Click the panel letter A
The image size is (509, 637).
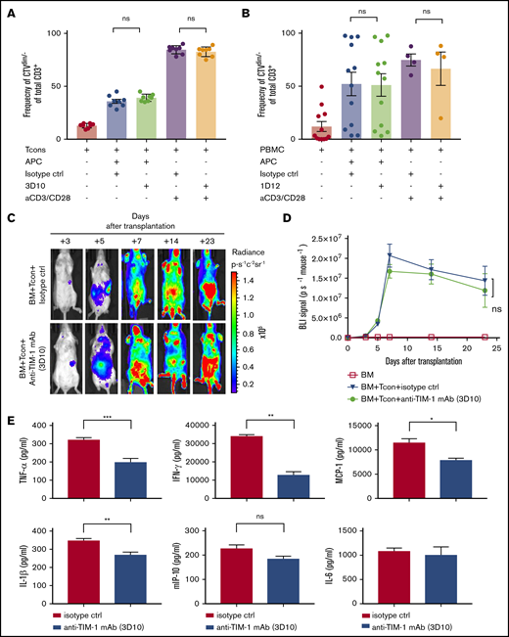pyautogui.click(x=13, y=9)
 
